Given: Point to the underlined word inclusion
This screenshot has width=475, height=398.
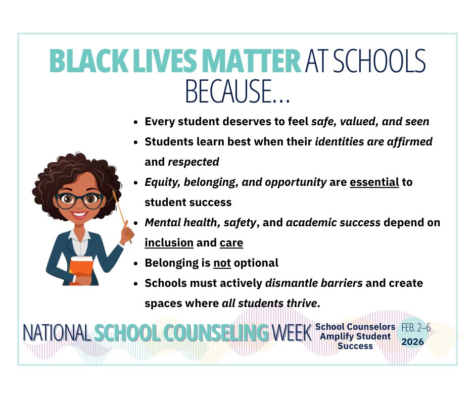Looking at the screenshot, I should pyautogui.click(x=169, y=243).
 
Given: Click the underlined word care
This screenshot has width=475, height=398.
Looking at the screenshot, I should pyautogui.click(x=231, y=243).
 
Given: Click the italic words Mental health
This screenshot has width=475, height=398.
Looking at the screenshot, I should pyautogui.click(x=174, y=223).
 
